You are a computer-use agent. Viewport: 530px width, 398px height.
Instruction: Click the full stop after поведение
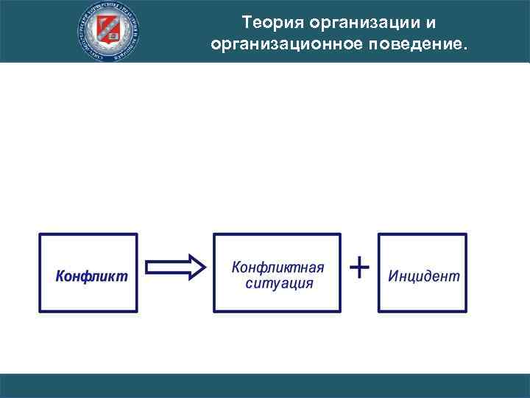pos(464,49)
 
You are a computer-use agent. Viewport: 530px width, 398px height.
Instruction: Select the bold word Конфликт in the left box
pos(91,276)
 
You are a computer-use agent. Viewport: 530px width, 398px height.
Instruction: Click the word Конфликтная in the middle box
pos(278,267)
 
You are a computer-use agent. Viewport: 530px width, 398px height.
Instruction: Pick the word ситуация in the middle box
pos(279,284)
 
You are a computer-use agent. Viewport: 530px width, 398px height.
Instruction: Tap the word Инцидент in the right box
pos(423,276)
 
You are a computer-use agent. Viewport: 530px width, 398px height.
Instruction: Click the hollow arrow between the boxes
pos(175,268)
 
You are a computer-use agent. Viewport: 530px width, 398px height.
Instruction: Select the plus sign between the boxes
pos(358,267)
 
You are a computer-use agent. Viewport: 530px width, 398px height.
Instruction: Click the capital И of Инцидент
pos(392,276)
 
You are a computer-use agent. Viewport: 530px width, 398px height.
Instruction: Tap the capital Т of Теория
pos(247,24)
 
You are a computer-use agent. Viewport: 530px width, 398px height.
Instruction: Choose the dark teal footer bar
pos(265,385)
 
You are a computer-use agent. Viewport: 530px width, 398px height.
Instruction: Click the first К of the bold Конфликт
pos(61,276)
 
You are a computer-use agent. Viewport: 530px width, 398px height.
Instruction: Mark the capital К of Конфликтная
pos(237,267)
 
